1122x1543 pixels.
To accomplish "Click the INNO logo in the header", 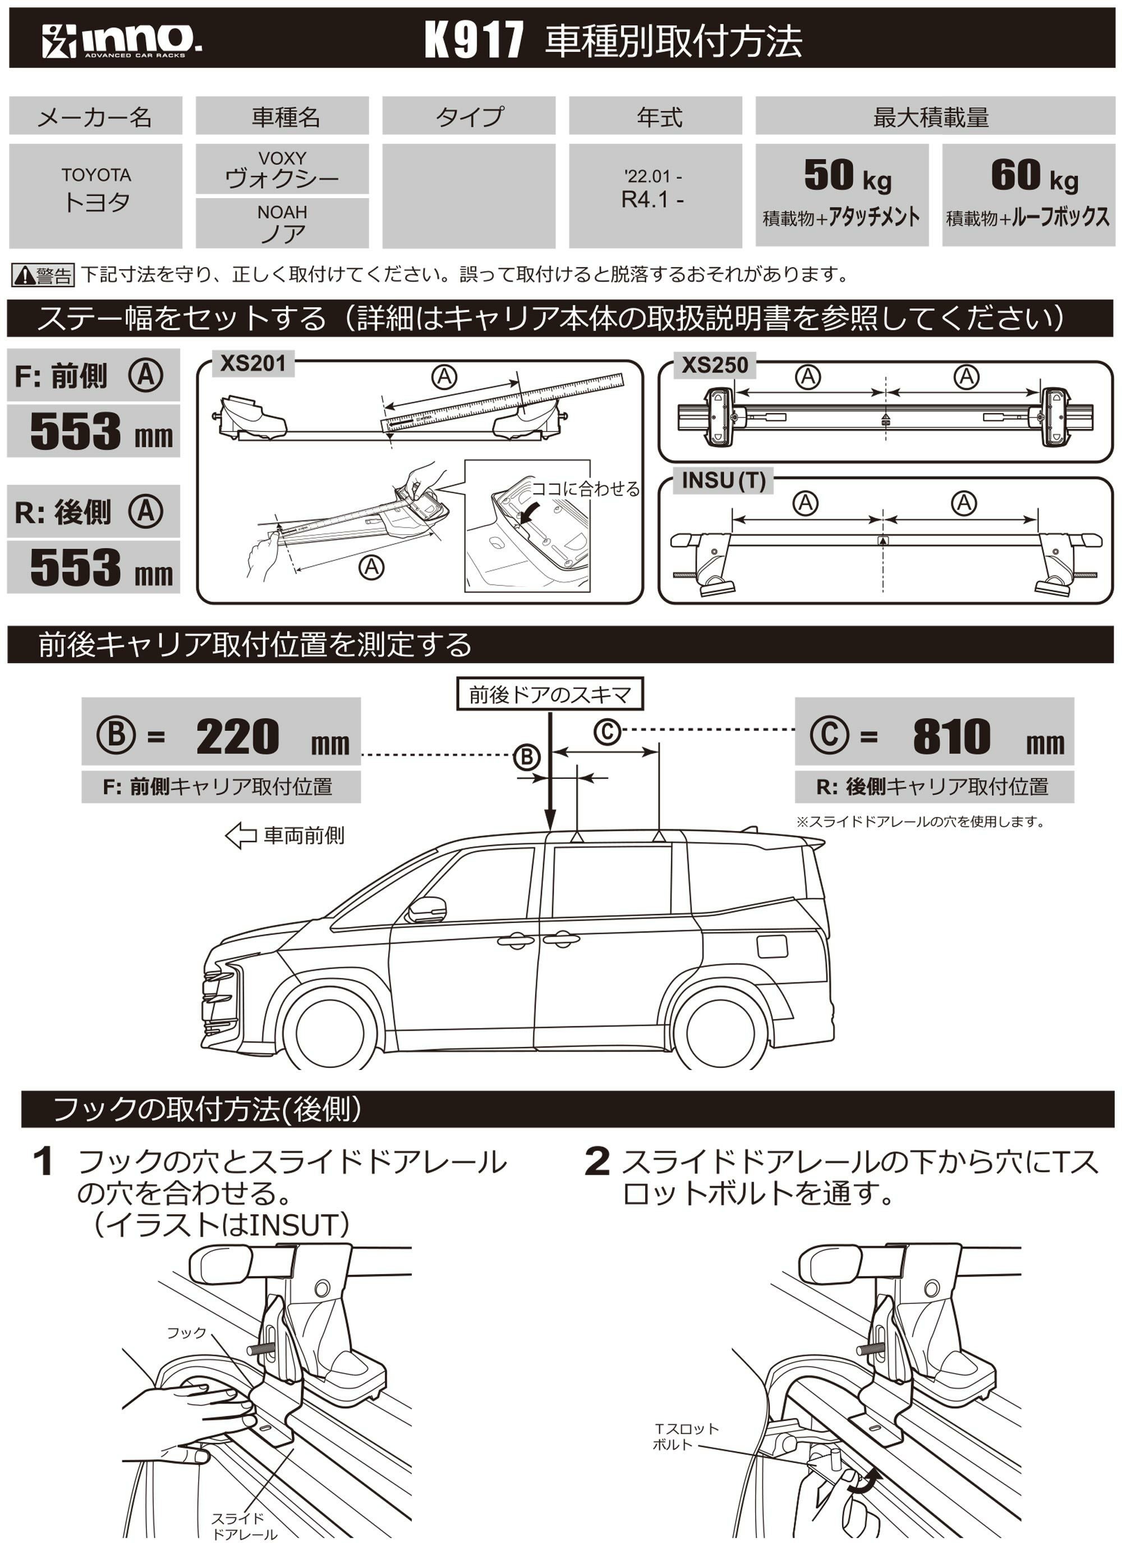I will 121,41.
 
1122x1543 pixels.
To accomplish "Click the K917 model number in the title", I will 474,39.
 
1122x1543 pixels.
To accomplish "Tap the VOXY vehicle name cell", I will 282,169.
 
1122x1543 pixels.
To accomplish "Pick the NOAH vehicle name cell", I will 282,223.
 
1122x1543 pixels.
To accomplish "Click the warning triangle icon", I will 25,275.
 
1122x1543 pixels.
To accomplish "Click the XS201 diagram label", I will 253,364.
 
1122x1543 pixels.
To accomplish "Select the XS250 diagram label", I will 714,365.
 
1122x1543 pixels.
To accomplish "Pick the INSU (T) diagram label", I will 723,481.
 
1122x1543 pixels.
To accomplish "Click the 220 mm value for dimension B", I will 237,737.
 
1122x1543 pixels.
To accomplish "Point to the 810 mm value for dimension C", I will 951,737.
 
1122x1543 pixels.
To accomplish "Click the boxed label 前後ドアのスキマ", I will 550,695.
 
